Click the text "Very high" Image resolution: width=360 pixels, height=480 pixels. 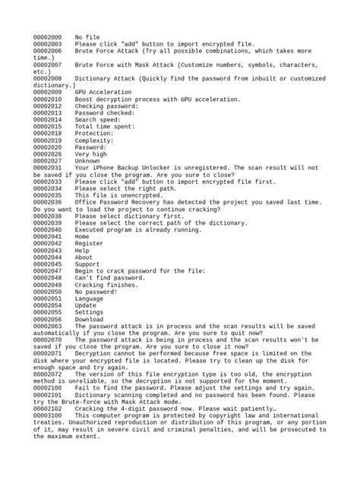point(91,154)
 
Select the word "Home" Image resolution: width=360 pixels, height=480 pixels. point(83,236)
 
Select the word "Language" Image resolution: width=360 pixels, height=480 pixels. point(90,298)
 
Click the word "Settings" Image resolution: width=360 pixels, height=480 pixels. point(90,312)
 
